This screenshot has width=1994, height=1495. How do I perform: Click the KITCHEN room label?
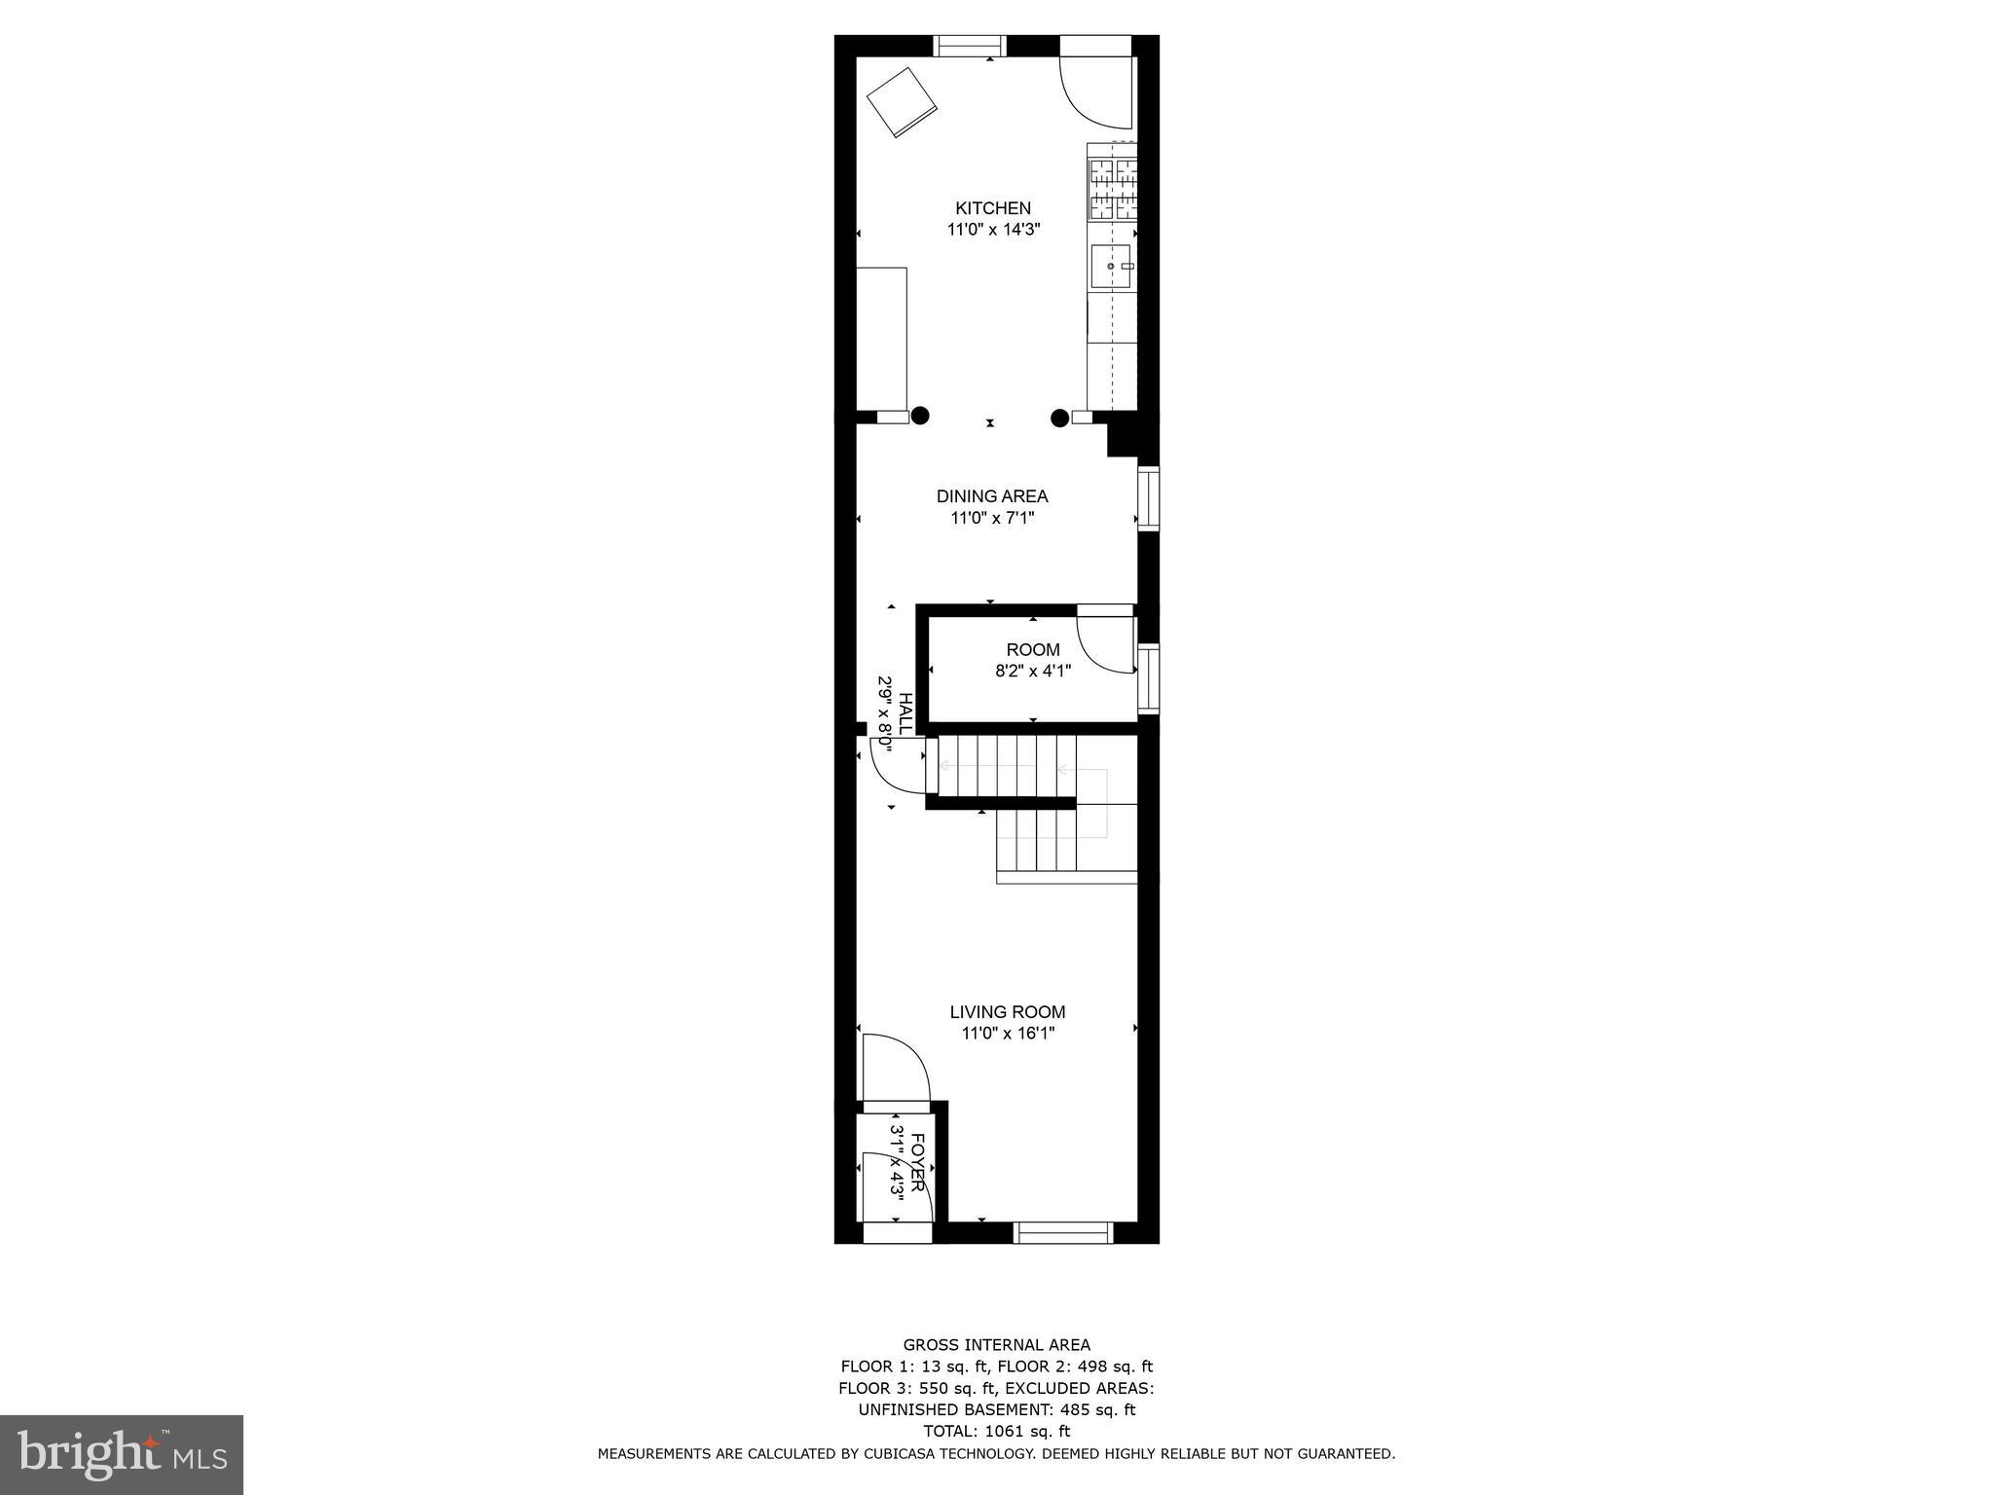992,207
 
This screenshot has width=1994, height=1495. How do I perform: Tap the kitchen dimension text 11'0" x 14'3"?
992,231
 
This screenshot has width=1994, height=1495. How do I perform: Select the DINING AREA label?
992,496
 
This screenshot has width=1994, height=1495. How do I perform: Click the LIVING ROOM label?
1008,1012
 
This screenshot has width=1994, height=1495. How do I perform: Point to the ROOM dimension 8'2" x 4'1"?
1033,671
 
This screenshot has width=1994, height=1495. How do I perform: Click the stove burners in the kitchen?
1113,190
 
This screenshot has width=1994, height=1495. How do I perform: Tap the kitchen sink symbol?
1112,267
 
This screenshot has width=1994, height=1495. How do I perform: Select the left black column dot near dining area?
920,416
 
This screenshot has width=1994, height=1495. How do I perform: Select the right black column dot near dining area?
1059,419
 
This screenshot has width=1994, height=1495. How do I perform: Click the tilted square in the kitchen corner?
902,102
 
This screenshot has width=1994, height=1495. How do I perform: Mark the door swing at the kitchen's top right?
1097,92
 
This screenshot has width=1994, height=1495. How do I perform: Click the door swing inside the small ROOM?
1107,642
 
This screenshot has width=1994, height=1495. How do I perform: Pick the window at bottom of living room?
1063,1233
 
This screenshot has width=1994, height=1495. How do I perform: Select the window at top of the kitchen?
970,46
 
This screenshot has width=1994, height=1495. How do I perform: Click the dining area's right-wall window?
1149,498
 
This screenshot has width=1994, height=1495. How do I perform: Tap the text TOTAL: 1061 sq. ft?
996,1431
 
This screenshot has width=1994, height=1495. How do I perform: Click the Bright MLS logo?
122,1454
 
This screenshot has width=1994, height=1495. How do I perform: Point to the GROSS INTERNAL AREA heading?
996,1345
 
